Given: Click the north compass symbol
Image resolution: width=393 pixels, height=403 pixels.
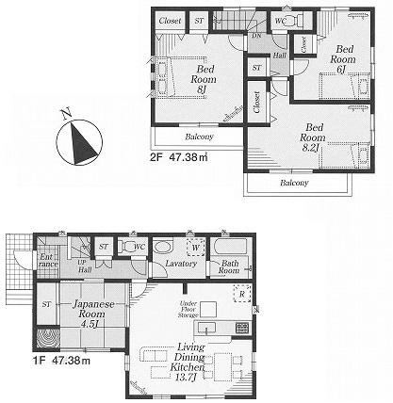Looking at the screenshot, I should point(76,141).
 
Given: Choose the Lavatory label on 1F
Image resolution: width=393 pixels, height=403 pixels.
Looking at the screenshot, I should point(179,264).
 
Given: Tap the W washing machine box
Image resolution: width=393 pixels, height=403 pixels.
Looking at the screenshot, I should point(196,249).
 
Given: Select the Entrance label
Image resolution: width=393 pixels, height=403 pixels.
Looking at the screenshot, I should point(48,260).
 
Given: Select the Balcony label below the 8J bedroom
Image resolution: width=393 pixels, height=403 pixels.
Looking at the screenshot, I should point(198,137).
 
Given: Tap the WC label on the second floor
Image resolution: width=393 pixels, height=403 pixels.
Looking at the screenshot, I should point(280,20).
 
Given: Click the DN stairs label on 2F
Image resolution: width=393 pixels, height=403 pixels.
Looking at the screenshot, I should point(256,35).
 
